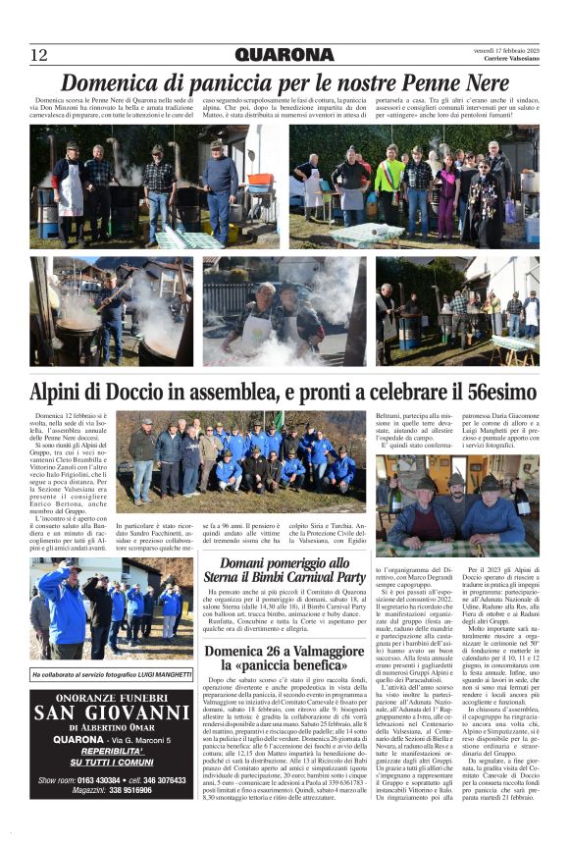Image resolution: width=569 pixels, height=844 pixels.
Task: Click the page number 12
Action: [38, 54]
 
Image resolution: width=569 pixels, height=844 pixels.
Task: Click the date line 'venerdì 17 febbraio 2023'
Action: [505, 49]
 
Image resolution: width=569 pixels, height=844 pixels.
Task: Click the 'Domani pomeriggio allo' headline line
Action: [284, 563]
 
